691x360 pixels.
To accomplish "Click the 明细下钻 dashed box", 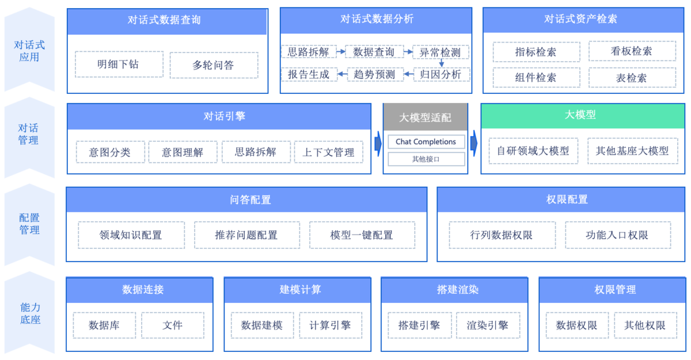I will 118,65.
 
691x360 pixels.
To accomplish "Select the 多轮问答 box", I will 214,65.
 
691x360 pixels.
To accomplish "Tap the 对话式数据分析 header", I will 376,20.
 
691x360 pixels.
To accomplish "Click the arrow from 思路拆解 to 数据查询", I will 341,52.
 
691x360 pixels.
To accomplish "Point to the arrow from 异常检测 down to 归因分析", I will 442,63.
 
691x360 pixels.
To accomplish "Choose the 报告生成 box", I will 309,74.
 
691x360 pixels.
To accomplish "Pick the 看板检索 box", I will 632,51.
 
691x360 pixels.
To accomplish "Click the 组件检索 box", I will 536,78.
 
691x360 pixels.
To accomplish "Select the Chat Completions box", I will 426,142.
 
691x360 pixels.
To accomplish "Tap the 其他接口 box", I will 426,159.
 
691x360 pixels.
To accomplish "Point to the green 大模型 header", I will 580,115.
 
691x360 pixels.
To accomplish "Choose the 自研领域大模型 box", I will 533,151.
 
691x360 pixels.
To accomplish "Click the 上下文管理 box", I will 329,152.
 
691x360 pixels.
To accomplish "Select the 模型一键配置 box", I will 362,235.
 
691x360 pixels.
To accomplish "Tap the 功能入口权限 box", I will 617,235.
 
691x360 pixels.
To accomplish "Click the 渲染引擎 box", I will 488,325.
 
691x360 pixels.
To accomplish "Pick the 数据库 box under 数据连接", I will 104,325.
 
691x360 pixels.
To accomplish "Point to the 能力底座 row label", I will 29,313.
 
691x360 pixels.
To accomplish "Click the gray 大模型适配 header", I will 426,118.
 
